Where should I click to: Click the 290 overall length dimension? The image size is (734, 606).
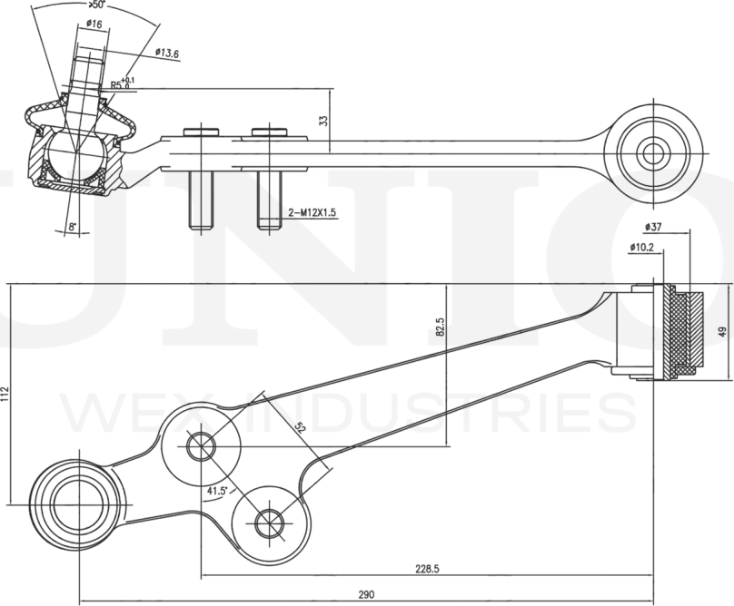tap(365, 595)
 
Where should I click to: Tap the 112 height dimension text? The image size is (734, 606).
tap(6, 394)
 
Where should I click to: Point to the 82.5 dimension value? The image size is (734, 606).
tap(440, 327)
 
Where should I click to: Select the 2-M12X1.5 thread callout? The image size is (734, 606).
tap(312, 212)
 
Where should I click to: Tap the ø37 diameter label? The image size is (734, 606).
tap(652, 226)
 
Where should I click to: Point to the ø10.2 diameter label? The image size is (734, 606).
tap(641, 246)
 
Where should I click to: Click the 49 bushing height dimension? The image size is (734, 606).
tap(723, 332)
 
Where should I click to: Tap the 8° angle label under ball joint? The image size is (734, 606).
tap(73, 227)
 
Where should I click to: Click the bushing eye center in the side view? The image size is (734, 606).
tap(652, 151)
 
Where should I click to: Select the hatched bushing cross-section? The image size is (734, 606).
tap(687, 332)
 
